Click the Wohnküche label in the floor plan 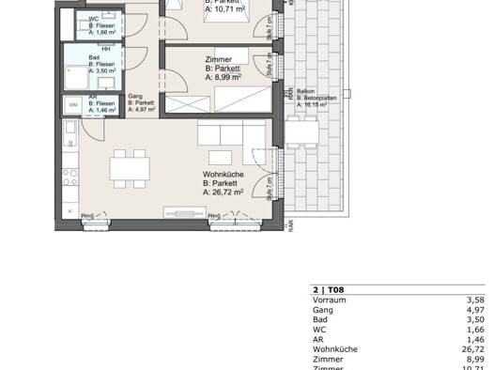coord(224,173)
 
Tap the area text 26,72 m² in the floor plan coord(223,191)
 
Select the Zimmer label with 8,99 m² coord(219,59)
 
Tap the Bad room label coord(95,56)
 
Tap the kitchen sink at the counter coord(70,132)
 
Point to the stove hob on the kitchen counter coord(70,175)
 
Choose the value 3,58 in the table coord(475,301)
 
